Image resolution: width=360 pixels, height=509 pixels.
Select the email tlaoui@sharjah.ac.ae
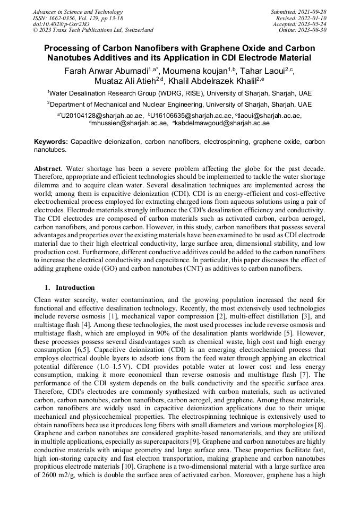tap(270, 115)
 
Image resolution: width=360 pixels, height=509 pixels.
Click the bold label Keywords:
tap(51, 142)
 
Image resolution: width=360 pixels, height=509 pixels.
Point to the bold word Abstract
tap(47, 168)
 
